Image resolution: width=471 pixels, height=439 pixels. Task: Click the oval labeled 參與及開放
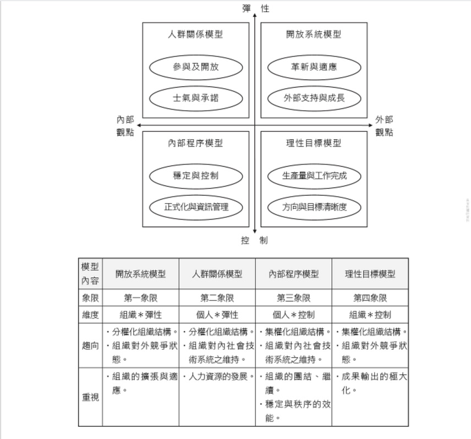tap(196, 67)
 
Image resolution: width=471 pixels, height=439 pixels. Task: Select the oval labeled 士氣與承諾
tap(196, 98)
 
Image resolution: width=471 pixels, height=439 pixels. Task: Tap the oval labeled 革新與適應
tap(314, 67)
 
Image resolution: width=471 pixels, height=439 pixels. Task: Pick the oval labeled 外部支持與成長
tap(314, 98)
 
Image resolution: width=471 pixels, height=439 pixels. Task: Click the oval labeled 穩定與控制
tap(196, 176)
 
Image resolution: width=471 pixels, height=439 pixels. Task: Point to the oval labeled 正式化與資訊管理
tap(196, 207)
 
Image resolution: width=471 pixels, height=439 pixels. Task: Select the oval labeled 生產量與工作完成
tap(314, 176)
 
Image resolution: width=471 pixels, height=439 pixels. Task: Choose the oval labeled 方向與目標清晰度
tap(314, 207)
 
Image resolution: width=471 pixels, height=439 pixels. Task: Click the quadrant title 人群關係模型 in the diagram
tap(196, 34)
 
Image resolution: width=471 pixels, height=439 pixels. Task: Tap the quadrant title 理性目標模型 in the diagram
tap(314, 143)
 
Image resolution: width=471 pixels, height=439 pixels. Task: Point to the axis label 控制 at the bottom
tap(254, 240)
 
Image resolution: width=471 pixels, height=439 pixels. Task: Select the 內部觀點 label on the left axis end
tap(125, 126)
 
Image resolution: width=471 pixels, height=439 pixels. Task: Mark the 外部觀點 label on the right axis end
tap(384, 126)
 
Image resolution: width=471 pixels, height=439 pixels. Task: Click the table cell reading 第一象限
tap(141, 298)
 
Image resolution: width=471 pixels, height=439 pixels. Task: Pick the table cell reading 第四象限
tap(370, 298)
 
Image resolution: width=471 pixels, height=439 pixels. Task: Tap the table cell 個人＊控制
tap(293, 315)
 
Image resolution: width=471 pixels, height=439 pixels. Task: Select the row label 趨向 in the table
tap(90, 346)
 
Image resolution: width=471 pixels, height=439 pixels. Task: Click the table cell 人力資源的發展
tap(217, 377)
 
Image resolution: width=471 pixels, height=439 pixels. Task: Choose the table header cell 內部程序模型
tap(293, 273)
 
